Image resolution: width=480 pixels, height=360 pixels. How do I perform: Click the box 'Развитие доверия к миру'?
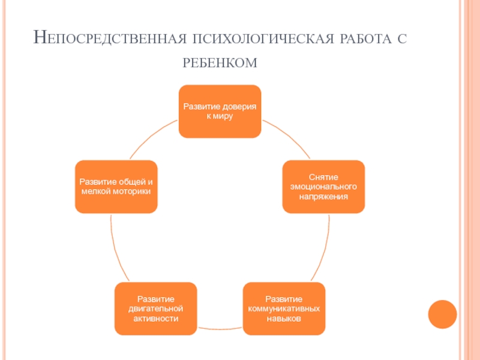point(220,112)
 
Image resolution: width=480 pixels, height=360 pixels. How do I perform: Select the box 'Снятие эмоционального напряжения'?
point(323,187)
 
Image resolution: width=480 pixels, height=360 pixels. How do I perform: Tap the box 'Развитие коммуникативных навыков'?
point(284,308)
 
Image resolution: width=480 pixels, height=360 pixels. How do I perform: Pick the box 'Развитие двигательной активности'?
point(156,308)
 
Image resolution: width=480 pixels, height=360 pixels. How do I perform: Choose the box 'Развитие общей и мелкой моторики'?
point(116,187)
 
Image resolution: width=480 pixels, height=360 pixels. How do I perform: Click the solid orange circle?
point(442,314)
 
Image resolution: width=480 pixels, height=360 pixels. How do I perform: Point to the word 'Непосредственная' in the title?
point(110,38)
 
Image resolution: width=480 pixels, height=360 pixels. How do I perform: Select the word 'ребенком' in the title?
point(220,63)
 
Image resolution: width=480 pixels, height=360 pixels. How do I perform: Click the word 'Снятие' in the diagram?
point(323,177)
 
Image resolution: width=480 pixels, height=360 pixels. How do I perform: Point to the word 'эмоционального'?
point(323,187)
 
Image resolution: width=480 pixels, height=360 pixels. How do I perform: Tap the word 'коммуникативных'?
point(284,308)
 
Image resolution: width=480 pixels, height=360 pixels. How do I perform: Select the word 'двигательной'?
point(156,308)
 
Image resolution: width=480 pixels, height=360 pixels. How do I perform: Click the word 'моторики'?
point(133,191)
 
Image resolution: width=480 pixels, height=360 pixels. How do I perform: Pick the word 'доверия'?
point(238,107)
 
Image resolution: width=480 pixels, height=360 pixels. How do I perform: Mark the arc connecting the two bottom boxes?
point(220,329)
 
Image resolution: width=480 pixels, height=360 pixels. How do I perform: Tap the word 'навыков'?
point(284,319)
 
